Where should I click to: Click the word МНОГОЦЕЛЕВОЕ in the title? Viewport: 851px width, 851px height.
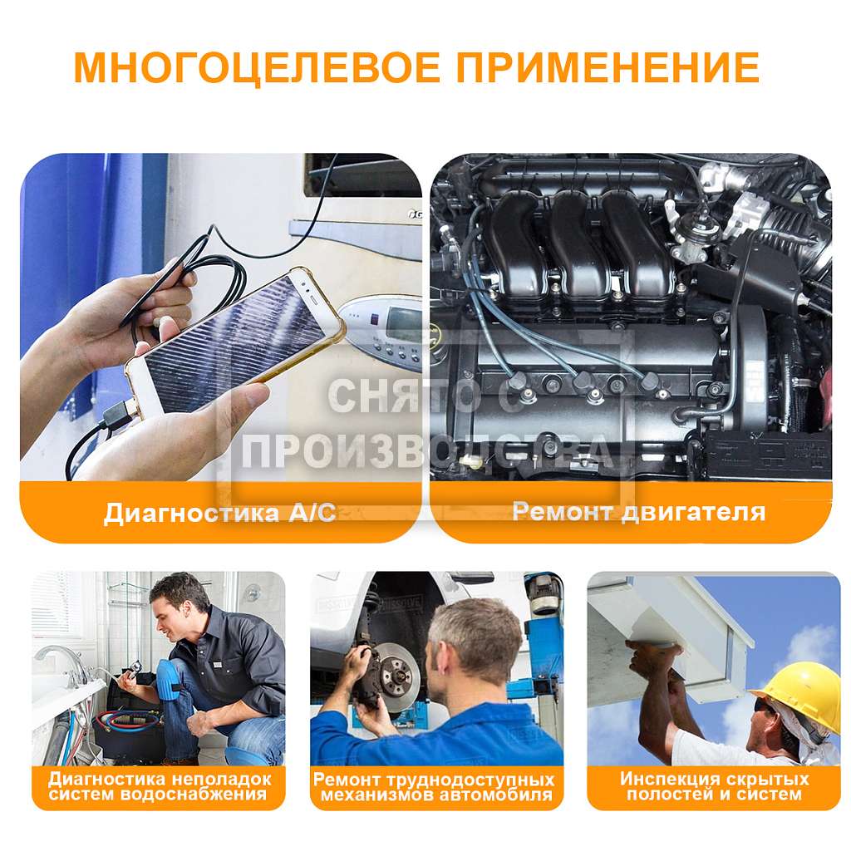[257, 68]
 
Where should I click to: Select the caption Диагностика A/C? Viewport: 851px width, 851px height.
[220, 513]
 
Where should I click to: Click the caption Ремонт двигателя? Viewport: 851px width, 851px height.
[639, 512]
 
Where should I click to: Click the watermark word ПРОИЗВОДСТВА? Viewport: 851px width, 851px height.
[427, 450]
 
